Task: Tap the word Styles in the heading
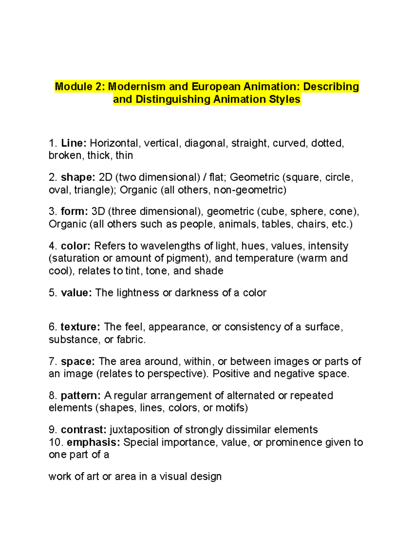coord(285,99)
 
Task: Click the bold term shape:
coord(78,177)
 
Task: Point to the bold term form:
coord(75,211)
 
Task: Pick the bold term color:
coord(76,246)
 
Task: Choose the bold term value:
coord(76,293)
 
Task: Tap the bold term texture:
coord(80,327)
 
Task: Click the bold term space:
coord(78,361)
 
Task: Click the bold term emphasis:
coord(93,442)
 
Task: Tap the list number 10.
coord(56,442)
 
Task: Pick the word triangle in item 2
coord(94,190)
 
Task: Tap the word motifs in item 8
coord(230,408)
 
